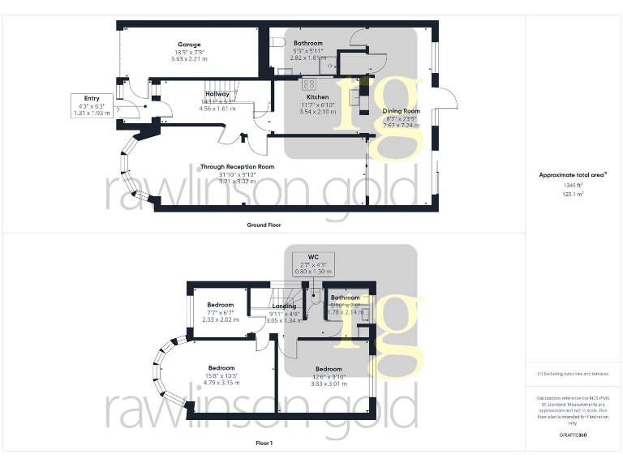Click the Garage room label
click(x=189, y=45)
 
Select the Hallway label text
click(x=217, y=94)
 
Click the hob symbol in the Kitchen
click(x=309, y=84)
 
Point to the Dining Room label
click(x=401, y=111)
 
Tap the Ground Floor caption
click(x=264, y=225)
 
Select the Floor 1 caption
click(x=264, y=443)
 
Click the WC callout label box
click(x=313, y=263)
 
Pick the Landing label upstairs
click(x=284, y=306)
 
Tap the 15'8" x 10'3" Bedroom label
click(x=221, y=368)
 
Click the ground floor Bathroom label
click(x=308, y=43)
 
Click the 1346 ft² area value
click(x=573, y=185)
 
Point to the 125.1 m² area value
click(x=573, y=195)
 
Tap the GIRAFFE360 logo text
click(x=573, y=435)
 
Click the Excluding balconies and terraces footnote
click(x=573, y=374)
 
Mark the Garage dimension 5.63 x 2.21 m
click(x=189, y=59)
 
